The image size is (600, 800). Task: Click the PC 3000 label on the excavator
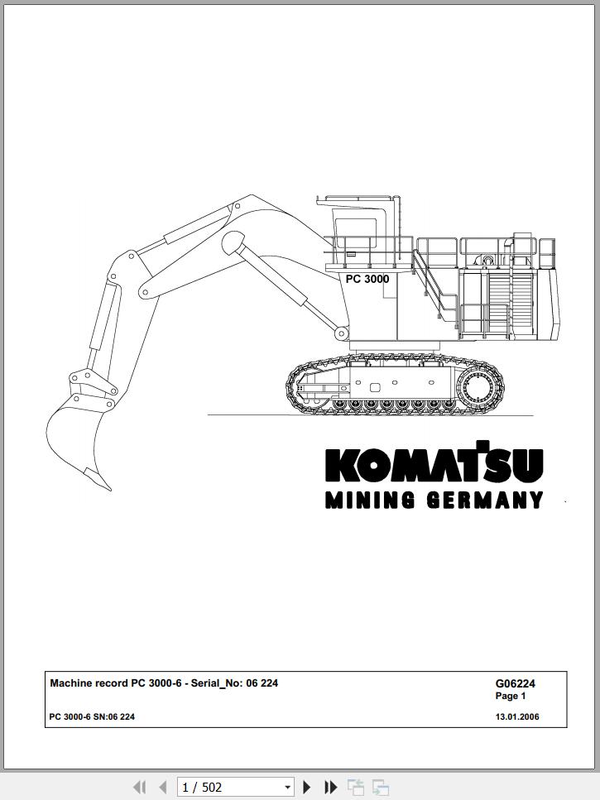click(367, 279)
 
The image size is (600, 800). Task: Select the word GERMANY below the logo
click(485, 500)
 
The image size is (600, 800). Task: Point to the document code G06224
click(515, 683)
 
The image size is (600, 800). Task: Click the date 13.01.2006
click(517, 716)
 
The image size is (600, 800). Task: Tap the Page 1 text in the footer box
click(510, 696)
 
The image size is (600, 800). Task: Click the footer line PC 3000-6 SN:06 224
click(92, 716)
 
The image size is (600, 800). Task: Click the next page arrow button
click(307, 787)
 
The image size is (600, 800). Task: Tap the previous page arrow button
click(163, 787)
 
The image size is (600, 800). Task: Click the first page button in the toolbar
click(139, 787)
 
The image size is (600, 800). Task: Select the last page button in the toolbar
click(330, 787)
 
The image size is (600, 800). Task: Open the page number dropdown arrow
click(288, 788)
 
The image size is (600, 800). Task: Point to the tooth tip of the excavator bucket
click(110, 489)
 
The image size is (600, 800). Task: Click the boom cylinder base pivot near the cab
click(341, 334)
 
